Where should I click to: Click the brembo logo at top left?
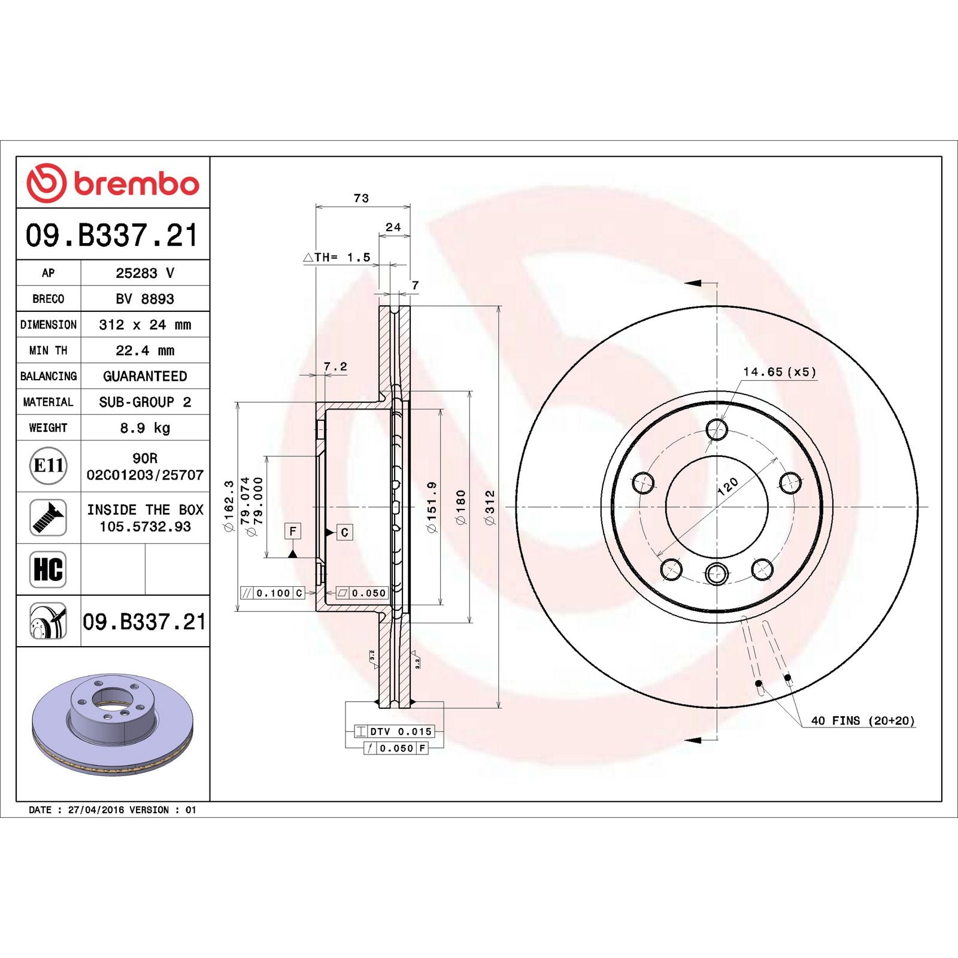click(x=113, y=183)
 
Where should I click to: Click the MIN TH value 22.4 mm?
click(x=145, y=350)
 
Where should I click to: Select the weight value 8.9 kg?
click(x=145, y=428)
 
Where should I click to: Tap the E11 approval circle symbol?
click(x=48, y=466)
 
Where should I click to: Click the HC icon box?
click(x=48, y=569)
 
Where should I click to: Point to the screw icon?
click(x=48, y=518)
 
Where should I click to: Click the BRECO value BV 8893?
click(x=145, y=299)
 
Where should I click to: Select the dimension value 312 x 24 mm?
click(x=145, y=325)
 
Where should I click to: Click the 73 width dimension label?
click(x=361, y=198)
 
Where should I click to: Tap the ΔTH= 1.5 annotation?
click(x=337, y=257)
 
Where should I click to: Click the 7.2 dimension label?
click(x=335, y=366)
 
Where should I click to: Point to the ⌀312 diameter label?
click(x=490, y=508)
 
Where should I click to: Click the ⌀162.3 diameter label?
click(x=229, y=507)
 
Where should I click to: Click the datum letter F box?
click(x=292, y=531)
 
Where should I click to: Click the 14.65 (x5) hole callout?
click(x=779, y=372)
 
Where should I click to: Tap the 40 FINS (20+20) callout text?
click(x=862, y=721)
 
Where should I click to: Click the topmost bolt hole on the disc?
click(x=716, y=429)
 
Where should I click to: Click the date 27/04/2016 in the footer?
click(x=96, y=810)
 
